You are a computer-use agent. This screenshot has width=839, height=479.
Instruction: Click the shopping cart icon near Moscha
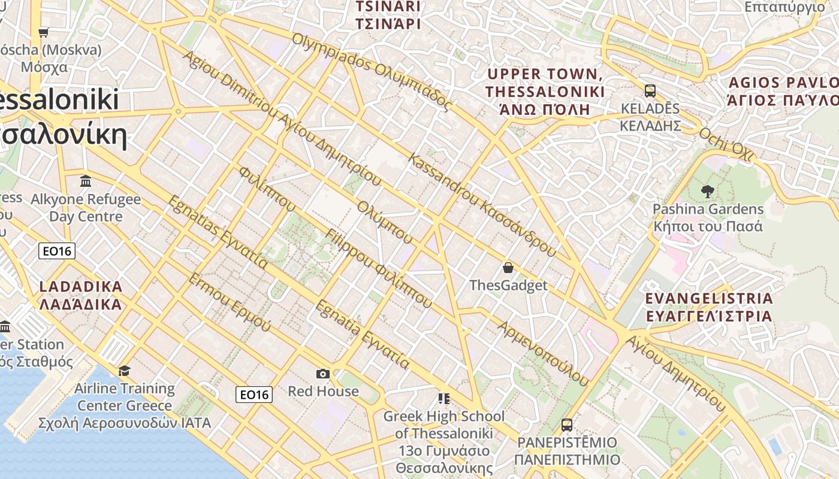pyautogui.click(x=43, y=32)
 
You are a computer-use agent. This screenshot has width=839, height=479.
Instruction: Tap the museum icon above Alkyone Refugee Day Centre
pyautogui.click(x=86, y=181)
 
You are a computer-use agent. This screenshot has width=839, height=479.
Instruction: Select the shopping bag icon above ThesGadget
pyautogui.click(x=508, y=268)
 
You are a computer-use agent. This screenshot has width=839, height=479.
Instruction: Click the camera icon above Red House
pyautogui.click(x=323, y=374)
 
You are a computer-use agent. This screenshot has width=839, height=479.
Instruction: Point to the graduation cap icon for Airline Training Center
pyautogui.click(x=124, y=371)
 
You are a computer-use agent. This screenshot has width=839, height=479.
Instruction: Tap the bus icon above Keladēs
pyautogui.click(x=650, y=91)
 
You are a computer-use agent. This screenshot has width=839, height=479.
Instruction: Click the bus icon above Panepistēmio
pyautogui.click(x=567, y=425)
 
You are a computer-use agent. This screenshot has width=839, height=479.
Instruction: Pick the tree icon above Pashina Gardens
pyautogui.click(x=708, y=192)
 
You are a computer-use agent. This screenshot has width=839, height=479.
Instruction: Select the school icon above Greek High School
pyautogui.click(x=444, y=398)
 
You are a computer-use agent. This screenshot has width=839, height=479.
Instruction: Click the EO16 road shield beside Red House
pyautogui.click(x=254, y=394)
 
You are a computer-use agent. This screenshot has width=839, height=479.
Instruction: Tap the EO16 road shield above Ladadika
pyautogui.click(x=57, y=251)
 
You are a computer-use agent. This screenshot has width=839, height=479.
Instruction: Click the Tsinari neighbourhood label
pyautogui.click(x=388, y=15)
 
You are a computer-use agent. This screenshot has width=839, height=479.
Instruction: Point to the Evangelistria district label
pyautogui.click(x=709, y=307)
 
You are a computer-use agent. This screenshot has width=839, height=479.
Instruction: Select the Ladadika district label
pyautogui.click(x=81, y=295)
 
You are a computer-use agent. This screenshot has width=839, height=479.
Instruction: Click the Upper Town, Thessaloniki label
pyautogui.click(x=545, y=92)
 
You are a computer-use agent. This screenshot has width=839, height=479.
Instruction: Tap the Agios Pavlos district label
pyautogui.click(x=783, y=91)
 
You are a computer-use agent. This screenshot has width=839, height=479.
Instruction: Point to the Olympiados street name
pyautogui.click(x=372, y=71)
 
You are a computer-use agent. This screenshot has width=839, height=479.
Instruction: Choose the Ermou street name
pyautogui.click(x=230, y=303)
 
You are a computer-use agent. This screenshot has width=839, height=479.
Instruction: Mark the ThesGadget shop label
pyautogui.click(x=508, y=285)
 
